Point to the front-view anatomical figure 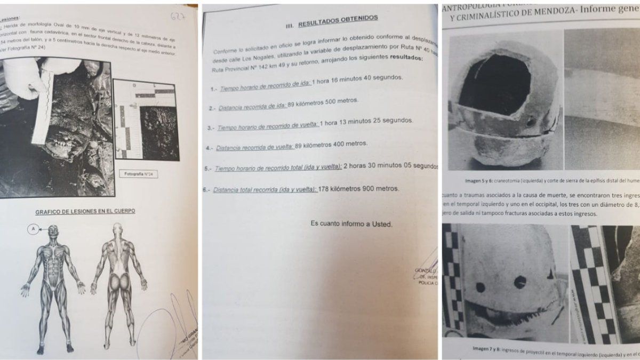click(52, 285)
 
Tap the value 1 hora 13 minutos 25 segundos click(367, 122)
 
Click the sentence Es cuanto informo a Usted click(351, 224)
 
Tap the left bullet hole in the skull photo click(481, 287)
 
